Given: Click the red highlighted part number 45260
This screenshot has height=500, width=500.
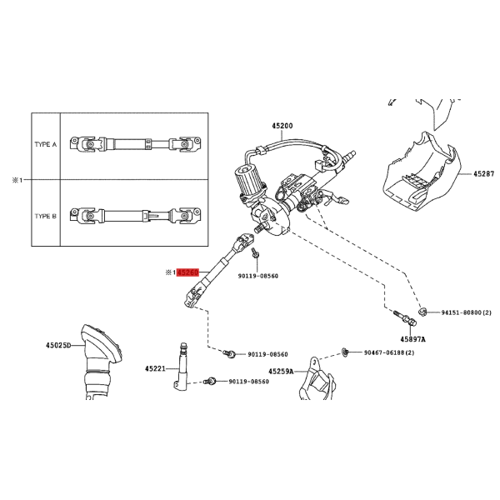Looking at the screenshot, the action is (x=187, y=272).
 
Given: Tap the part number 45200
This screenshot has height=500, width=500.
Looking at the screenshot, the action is (x=282, y=126).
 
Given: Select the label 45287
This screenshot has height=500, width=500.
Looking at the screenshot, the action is (x=483, y=174).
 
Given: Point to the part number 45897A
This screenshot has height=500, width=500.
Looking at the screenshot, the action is (x=413, y=339).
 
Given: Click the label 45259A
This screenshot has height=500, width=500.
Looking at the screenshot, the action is (x=281, y=372).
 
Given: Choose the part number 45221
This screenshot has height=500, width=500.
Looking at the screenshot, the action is (x=155, y=368).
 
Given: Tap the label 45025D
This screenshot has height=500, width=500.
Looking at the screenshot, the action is (x=58, y=345).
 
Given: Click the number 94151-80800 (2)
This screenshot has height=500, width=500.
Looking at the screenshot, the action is (x=466, y=312).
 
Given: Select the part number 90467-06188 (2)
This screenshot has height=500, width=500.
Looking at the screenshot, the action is (x=389, y=352).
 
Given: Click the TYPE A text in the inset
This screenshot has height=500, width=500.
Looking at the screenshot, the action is (x=46, y=144).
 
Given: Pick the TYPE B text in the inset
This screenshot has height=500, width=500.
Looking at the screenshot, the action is (x=46, y=216).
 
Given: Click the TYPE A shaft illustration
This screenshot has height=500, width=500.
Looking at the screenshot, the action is (x=136, y=144).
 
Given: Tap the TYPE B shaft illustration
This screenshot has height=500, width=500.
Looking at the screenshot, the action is (x=136, y=215).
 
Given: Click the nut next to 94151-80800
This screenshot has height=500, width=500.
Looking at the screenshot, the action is (x=422, y=312).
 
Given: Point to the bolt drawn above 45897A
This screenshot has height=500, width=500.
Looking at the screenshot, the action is (x=405, y=318).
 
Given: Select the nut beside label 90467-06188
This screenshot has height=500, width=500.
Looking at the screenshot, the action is (x=345, y=352).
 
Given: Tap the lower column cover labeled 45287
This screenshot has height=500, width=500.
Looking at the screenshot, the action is (x=421, y=172).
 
